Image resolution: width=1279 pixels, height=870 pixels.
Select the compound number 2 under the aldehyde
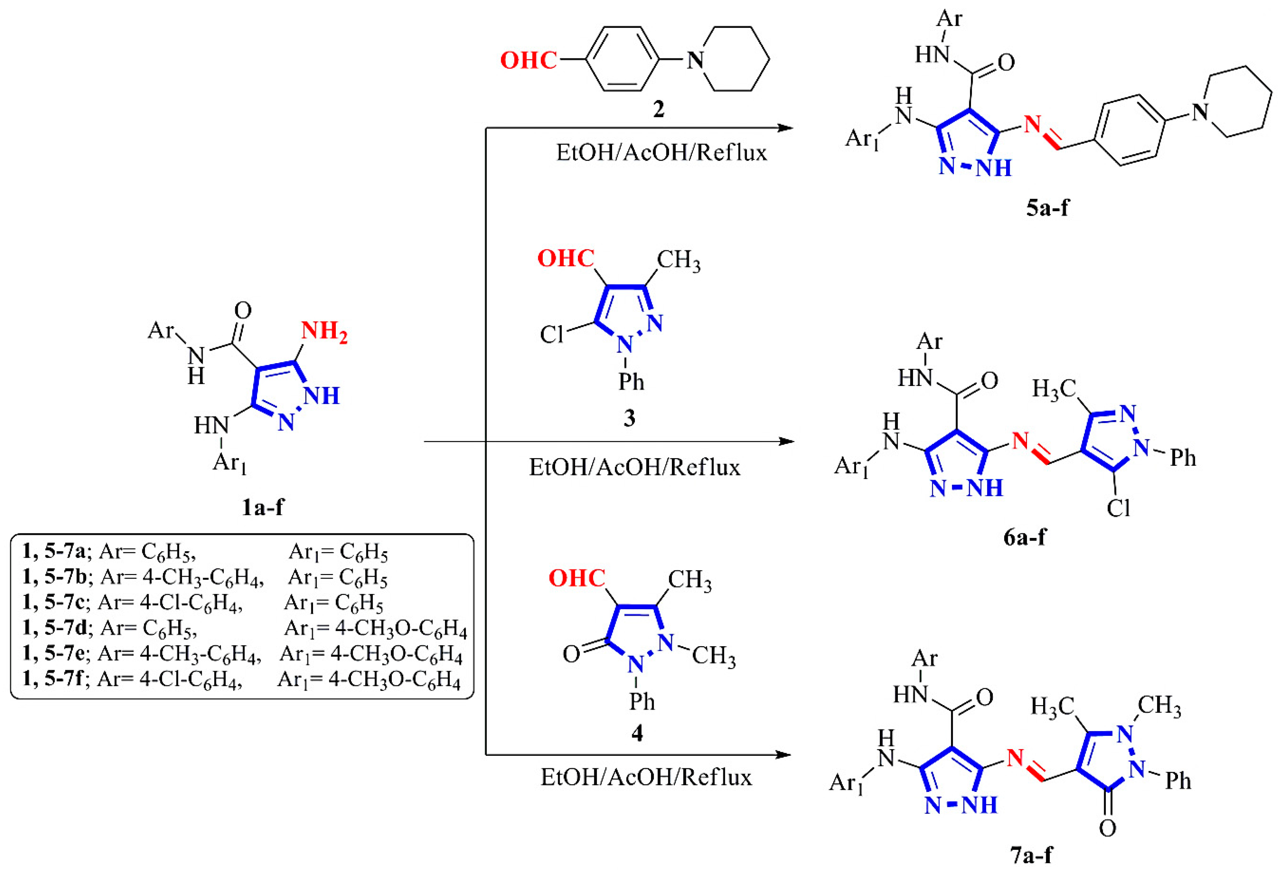658,109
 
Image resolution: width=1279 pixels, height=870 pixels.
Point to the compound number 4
637,733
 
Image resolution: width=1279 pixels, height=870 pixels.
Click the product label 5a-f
1047,208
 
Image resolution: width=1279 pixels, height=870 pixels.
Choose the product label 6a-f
1024,537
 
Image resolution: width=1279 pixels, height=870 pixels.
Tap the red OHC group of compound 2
528,60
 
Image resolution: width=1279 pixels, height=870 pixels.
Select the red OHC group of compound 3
566,258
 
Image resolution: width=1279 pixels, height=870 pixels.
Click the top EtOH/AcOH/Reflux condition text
661,152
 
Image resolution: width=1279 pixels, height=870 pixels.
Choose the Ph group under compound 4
642,701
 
